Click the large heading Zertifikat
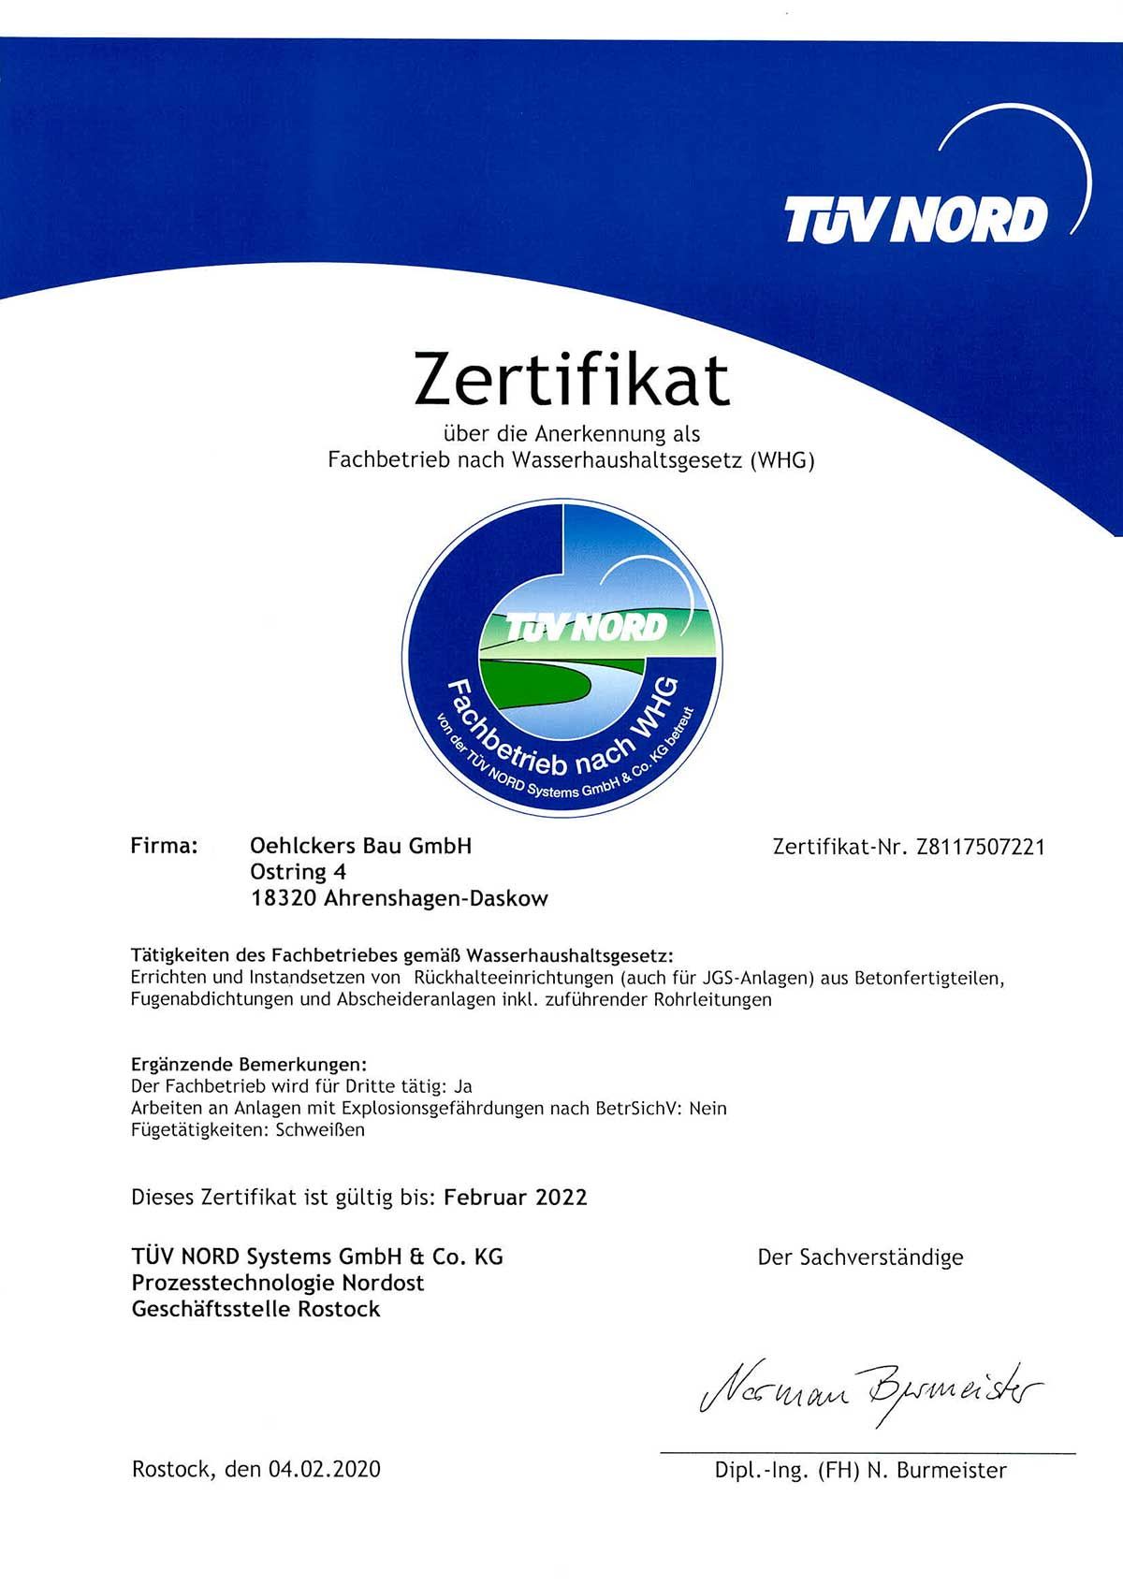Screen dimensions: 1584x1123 (x=571, y=380)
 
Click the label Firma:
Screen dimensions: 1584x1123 (x=165, y=846)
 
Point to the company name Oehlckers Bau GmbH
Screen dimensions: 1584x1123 (x=360, y=846)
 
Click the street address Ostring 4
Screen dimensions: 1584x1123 (x=298, y=872)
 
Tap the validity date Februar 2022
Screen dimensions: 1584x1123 (x=516, y=1197)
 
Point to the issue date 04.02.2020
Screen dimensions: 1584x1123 (x=324, y=1469)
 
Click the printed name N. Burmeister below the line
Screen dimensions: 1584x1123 (x=937, y=1470)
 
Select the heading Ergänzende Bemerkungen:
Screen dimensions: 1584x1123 (x=249, y=1065)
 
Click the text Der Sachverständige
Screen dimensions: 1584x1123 (x=860, y=1257)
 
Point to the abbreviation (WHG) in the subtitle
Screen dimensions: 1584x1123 (x=782, y=461)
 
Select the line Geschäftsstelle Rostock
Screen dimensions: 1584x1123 (x=256, y=1309)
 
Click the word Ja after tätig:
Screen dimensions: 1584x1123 (x=462, y=1086)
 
